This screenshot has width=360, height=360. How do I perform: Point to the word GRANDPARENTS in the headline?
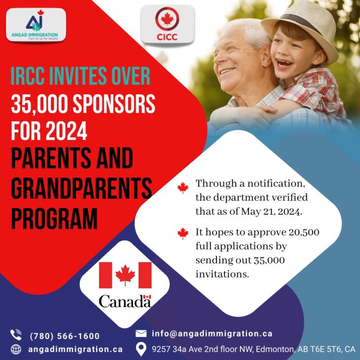[81, 189]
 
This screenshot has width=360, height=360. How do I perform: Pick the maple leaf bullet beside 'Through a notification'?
[183, 188]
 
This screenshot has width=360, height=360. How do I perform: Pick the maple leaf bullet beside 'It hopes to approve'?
[183, 233]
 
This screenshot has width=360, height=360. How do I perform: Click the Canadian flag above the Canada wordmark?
[125, 274]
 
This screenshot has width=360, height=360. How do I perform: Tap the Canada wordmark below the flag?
[125, 301]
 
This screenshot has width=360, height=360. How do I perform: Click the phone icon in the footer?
[16, 335]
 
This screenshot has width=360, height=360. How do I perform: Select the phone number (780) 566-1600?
[65, 336]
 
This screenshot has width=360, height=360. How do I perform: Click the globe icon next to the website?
[16, 349]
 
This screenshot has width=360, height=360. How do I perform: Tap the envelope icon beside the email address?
[141, 334]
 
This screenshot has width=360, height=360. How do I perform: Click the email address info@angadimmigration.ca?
[212, 334]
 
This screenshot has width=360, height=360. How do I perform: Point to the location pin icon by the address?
[141, 349]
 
